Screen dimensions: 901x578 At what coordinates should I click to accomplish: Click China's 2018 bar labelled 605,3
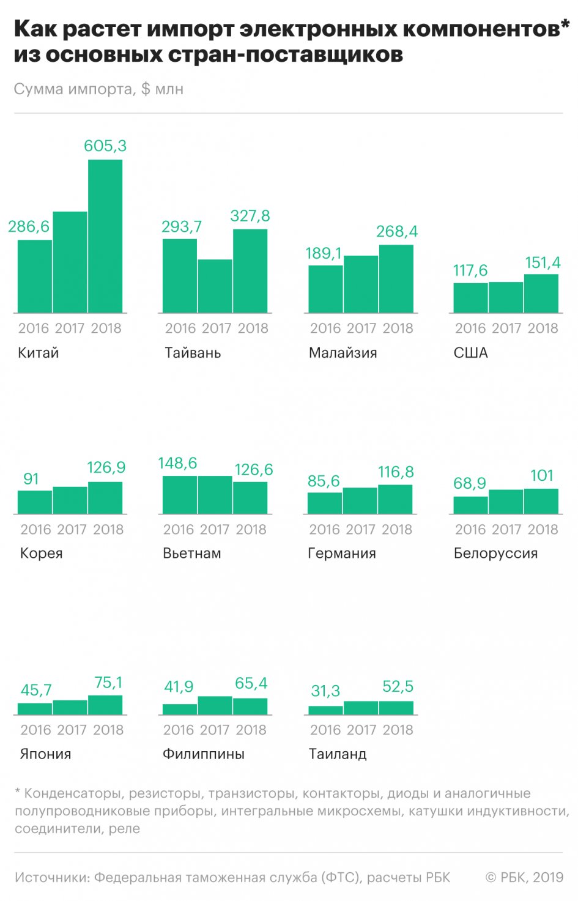click(x=105, y=236)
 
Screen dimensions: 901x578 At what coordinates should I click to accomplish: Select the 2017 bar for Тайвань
click(x=215, y=286)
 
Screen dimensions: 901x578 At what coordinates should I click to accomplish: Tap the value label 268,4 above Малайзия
click(x=397, y=231)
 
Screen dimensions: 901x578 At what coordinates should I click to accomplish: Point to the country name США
click(x=471, y=353)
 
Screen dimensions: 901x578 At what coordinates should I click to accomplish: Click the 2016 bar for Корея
click(x=35, y=502)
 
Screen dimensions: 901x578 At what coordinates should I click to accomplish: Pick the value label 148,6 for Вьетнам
click(x=177, y=463)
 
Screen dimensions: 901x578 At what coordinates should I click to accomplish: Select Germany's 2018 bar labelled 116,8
click(x=395, y=499)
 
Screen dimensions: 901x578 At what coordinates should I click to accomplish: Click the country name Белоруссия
click(x=495, y=554)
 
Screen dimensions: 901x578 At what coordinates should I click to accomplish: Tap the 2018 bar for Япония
click(x=105, y=705)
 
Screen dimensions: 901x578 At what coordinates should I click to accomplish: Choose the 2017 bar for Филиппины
click(x=215, y=705)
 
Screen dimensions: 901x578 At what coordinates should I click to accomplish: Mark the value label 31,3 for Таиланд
click(x=325, y=691)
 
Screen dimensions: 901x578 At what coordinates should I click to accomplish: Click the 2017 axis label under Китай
click(x=70, y=328)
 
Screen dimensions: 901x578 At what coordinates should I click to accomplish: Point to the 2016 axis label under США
click(x=470, y=328)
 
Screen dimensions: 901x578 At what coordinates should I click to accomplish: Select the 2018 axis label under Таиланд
click(x=398, y=730)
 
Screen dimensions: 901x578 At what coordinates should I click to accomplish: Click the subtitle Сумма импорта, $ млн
click(x=98, y=89)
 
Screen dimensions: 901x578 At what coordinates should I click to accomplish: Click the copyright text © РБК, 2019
click(x=524, y=878)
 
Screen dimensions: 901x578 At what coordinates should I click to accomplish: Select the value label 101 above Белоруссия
click(x=542, y=475)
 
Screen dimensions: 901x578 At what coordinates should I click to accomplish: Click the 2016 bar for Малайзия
click(x=325, y=289)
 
